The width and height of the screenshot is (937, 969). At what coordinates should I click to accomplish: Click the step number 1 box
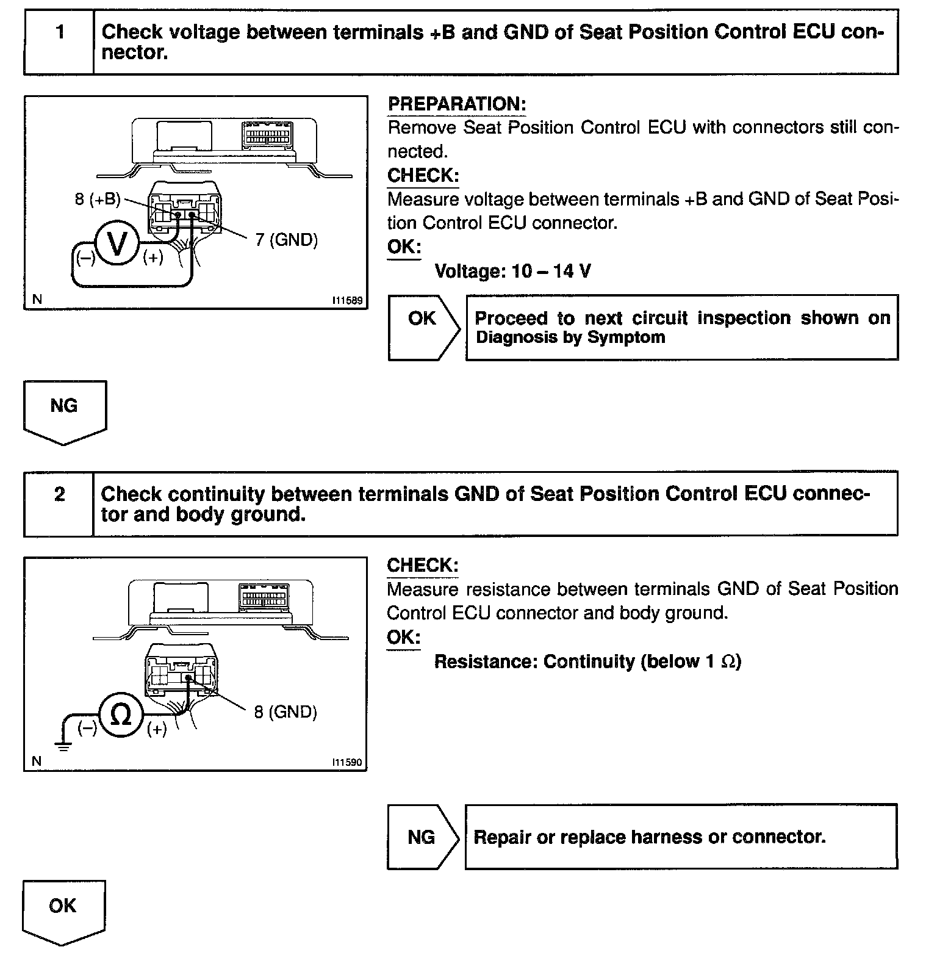pos(59,41)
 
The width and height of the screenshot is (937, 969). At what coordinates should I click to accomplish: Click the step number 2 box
pos(59,503)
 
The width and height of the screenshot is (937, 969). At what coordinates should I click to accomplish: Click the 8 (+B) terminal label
pos(98,200)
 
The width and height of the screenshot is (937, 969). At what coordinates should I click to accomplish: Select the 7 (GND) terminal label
pos(287,240)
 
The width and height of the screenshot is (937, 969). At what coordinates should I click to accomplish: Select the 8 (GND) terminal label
pos(285,712)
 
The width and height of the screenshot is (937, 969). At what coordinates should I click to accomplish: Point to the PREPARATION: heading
pos(456,104)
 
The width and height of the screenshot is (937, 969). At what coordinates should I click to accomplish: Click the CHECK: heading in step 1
pos(423,176)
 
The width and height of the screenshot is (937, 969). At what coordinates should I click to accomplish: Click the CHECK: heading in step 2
pos(422,566)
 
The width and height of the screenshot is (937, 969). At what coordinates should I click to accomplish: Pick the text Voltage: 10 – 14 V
pos(512,271)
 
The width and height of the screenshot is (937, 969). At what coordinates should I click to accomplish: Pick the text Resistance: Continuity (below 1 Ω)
pos(587,661)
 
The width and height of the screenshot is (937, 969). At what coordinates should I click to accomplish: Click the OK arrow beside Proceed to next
pos(423,328)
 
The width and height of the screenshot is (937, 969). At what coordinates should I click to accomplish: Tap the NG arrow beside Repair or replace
pos(422,837)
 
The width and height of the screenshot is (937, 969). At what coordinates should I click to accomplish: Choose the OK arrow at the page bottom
pos(63,911)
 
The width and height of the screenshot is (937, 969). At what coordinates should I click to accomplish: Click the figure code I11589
pos(347,300)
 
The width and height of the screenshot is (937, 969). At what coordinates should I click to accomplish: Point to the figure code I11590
pos(346,762)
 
